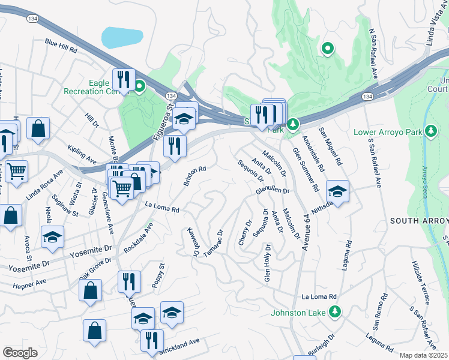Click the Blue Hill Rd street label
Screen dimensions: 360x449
pos(61,45)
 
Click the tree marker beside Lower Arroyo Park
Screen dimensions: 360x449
pos(430,131)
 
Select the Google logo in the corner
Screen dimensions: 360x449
pos(20,353)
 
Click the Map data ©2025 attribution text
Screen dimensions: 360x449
pos(424,355)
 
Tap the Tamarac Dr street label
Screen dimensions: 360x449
pos(213,244)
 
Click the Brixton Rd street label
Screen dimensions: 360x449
pos(194,175)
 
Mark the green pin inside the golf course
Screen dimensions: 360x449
pos(327,48)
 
